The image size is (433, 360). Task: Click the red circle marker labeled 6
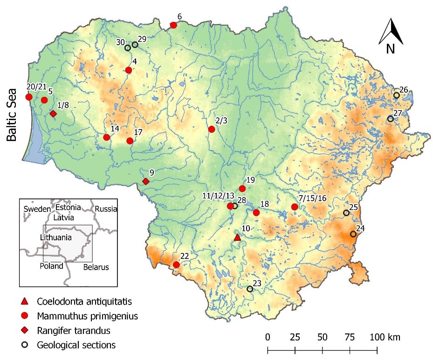click(x=173, y=25)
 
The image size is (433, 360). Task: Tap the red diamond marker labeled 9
click(x=145, y=181)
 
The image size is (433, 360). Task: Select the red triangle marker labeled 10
click(x=237, y=238)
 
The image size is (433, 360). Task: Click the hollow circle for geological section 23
click(x=250, y=289)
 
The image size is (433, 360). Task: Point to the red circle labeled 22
click(x=176, y=265)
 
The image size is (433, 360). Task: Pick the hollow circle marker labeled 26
click(x=396, y=95)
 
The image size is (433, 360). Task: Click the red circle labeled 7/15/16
click(x=295, y=207)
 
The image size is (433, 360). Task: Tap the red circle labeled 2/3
click(x=212, y=129)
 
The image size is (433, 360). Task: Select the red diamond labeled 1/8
click(x=53, y=114)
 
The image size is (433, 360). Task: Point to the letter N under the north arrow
click(x=391, y=48)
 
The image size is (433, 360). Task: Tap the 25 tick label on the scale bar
click(x=295, y=337)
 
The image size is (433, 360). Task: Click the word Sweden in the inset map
click(x=36, y=209)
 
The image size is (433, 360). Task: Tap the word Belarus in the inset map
click(x=96, y=267)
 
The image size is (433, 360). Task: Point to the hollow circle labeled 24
click(x=353, y=234)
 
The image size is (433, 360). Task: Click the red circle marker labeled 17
click(x=130, y=141)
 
